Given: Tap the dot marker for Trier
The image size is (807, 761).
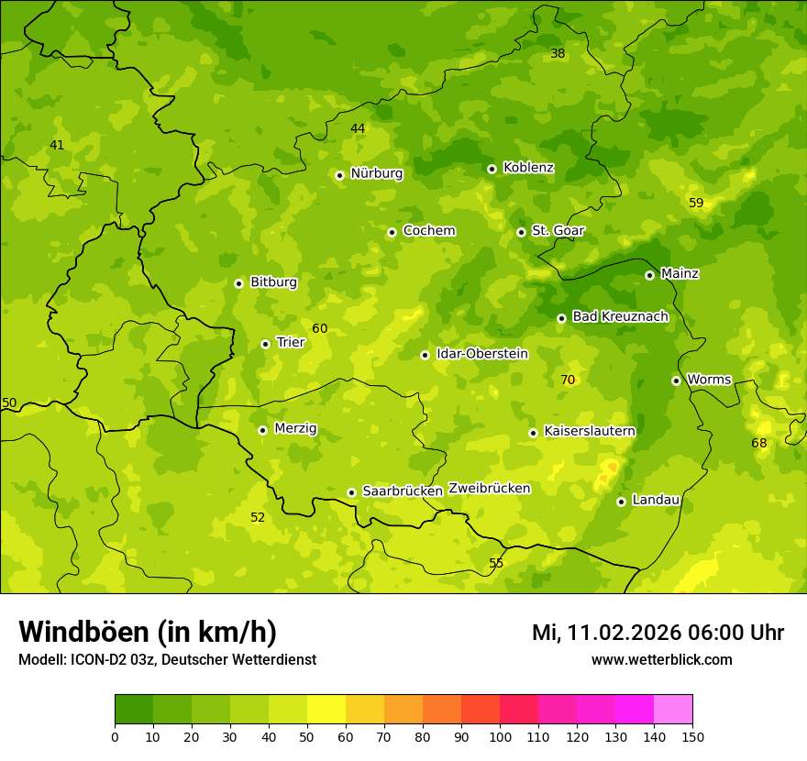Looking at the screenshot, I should coord(266,344).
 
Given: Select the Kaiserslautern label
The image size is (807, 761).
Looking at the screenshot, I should coord(589,431).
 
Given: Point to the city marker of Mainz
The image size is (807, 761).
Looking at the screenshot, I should coord(649,275).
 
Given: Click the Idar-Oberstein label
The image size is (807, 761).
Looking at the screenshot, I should coord(481,353).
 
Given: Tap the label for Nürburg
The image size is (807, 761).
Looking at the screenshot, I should coord(376,173).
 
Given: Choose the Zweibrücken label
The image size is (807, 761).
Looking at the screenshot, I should coord(489,489).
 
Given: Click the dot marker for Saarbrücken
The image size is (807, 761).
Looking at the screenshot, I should coord(351,492).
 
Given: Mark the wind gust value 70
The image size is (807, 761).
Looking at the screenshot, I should coord(568,380).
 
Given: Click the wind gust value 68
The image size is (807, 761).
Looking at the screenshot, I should coord(759,443).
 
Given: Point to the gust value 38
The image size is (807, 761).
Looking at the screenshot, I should coord(558,54).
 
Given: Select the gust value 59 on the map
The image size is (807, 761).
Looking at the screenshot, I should coord(696,203).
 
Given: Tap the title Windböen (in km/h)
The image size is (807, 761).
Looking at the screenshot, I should coord(148,632).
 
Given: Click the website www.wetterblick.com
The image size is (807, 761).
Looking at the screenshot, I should coord(661,660).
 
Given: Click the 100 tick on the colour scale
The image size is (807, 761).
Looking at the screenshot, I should coord(500,736).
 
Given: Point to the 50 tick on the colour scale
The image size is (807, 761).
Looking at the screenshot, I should coord(307,736).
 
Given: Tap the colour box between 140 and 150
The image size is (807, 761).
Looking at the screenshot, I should coord(673,710).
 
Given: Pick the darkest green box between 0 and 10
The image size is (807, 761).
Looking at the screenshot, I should coord(134,710).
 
